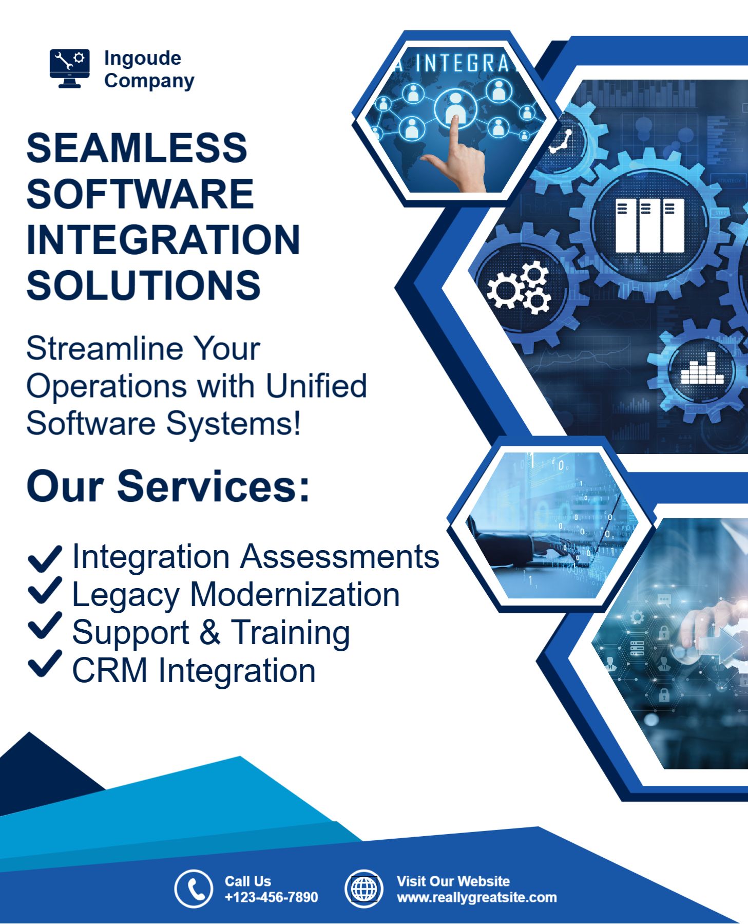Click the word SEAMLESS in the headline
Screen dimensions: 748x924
(137, 148)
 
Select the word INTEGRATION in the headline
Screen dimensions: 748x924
(163, 239)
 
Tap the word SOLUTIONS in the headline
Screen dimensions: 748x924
(144, 285)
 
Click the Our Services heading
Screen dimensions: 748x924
(168, 486)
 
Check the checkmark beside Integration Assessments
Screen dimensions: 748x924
(45, 558)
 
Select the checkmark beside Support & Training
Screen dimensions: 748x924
(45, 626)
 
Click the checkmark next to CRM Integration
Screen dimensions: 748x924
(45, 664)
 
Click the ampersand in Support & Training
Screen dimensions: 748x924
(210, 632)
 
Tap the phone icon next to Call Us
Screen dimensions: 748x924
(194, 889)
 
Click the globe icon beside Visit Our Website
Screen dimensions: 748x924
(364, 889)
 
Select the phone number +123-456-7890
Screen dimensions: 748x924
(271, 897)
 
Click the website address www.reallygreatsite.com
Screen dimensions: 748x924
(477, 897)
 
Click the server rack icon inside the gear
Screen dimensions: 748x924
(650, 225)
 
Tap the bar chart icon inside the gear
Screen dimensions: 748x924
(702, 368)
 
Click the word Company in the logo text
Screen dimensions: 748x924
(149, 81)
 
